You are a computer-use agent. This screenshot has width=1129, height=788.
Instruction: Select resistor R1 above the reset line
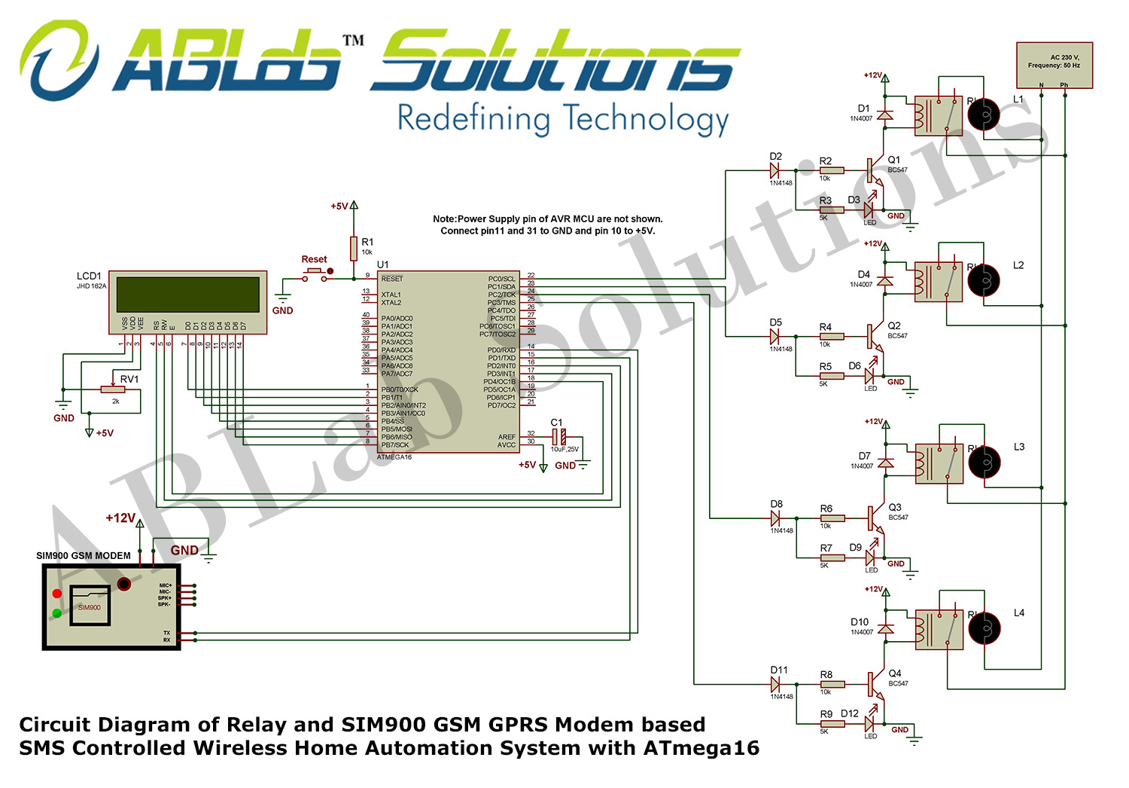point(354,248)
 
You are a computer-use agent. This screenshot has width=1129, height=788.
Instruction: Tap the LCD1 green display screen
point(187,294)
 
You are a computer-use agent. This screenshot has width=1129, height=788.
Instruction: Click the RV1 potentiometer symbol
point(113,389)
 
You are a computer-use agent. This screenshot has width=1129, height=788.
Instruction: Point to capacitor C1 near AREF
point(558,436)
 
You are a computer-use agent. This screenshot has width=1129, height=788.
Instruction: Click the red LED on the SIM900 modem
point(56,594)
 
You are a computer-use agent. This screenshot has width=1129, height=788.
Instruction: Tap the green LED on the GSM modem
point(56,613)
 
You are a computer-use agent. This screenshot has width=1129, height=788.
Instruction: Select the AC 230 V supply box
point(1054,65)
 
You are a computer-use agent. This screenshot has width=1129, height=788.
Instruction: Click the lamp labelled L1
point(983,115)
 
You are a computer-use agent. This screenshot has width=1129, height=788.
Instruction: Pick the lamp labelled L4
point(984,628)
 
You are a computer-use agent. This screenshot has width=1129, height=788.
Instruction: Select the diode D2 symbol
point(774,170)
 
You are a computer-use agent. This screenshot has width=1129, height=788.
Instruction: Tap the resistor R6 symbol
point(832,518)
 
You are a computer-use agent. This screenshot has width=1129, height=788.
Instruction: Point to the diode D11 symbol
point(775,684)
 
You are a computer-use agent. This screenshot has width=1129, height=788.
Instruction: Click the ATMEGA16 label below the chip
point(394,457)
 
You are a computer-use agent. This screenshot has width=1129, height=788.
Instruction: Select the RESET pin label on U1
point(392,279)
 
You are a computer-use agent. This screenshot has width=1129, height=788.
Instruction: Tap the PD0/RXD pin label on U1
point(501,350)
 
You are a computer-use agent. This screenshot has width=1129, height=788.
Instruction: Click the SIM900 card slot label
point(89,607)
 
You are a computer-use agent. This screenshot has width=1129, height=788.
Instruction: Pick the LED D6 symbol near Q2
point(870,375)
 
